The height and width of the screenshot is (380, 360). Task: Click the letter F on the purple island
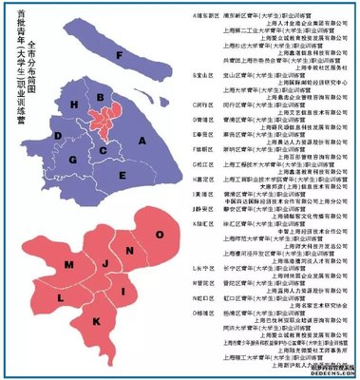[118, 55]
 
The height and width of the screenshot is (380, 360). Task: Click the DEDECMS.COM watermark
[332, 373]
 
